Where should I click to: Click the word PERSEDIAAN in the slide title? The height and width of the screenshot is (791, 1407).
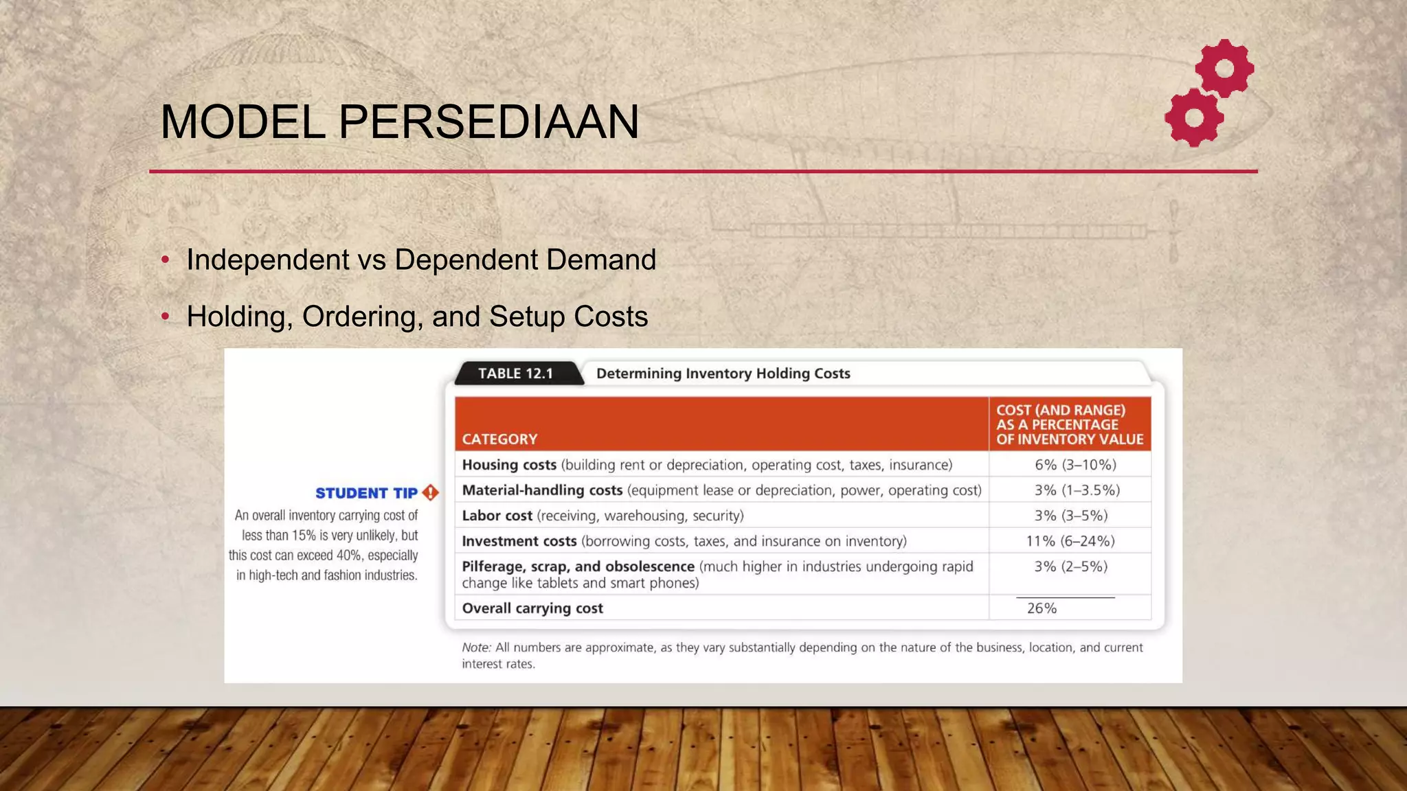coord(488,122)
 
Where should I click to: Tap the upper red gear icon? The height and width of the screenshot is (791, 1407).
coord(1224,69)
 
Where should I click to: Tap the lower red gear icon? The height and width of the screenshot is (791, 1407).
coord(1195,117)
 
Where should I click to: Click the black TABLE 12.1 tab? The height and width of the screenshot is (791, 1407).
coord(515,374)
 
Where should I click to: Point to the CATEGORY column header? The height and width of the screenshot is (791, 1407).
coord(499,439)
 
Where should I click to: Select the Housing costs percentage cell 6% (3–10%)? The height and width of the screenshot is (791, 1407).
coord(1075,465)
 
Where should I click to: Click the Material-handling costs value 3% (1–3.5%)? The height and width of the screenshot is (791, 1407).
coord(1077,490)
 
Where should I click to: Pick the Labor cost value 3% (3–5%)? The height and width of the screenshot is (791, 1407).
coord(1071,516)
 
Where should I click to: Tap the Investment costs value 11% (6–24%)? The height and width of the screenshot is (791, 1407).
coord(1070,541)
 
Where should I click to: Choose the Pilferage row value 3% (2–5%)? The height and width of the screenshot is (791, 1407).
coord(1071,566)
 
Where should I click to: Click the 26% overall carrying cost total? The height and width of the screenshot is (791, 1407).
coord(1042,608)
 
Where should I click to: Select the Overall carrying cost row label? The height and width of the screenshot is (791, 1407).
coord(532,608)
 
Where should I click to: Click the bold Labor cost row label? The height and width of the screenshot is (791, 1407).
coord(497,516)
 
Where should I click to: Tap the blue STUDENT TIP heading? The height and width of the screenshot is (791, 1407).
coord(366,493)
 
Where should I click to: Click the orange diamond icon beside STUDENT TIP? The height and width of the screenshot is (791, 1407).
coord(431,492)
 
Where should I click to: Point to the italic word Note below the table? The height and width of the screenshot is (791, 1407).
coord(475,647)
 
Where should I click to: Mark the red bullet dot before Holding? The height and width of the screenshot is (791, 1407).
coord(165,317)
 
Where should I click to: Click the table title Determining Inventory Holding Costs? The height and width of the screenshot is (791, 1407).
coord(723,374)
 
